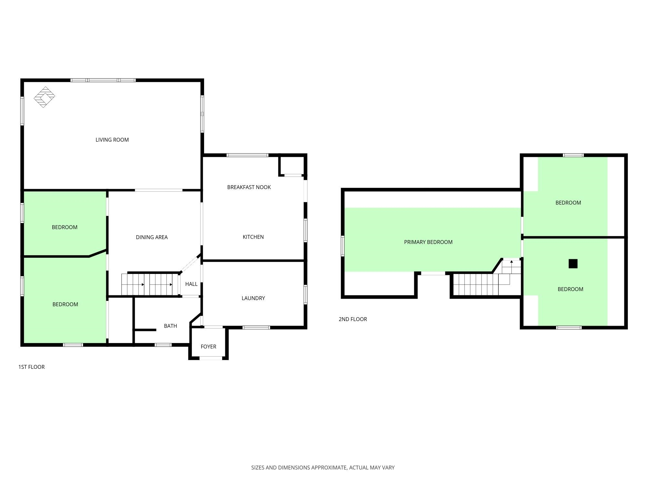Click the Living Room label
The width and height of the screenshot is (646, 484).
112,140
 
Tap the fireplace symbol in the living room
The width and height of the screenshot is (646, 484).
45,97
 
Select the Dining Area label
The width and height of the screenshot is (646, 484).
152,237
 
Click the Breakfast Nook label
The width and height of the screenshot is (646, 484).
249,187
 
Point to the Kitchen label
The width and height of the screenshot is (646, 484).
253,237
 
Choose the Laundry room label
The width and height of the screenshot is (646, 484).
253,298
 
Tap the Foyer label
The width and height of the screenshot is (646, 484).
208,347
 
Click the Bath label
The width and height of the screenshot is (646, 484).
171,326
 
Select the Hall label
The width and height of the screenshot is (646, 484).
191,284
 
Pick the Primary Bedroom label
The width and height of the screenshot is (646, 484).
428,242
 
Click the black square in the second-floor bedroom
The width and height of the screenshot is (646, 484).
573,264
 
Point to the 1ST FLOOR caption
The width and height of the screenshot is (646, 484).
31,367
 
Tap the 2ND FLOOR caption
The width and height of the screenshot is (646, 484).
353,319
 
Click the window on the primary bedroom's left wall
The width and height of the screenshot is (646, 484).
343,246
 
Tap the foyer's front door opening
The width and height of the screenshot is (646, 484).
211,358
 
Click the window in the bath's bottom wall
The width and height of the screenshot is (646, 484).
163,345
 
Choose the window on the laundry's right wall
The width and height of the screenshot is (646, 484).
306,295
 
